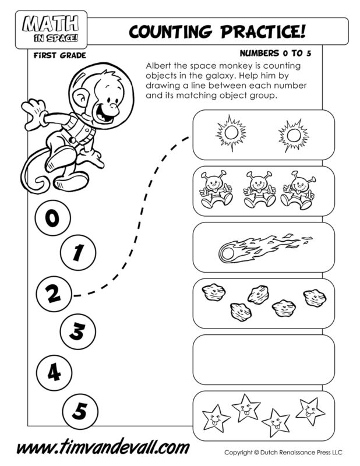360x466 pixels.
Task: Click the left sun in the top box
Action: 229,134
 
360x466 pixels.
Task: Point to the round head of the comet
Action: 226,253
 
